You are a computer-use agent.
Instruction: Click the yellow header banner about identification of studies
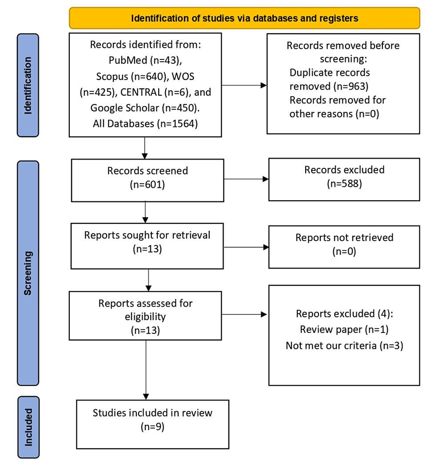[244, 18]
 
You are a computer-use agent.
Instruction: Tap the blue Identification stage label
[28, 85]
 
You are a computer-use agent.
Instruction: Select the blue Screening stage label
[28, 273]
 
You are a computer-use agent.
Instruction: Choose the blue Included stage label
[28, 427]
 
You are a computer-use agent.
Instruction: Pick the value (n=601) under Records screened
[147, 185]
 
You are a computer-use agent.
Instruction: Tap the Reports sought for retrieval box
[147, 246]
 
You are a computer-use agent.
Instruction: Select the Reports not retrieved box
[344, 246]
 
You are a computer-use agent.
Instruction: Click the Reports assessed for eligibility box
[145, 317]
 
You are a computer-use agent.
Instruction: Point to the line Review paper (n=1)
[344, 329]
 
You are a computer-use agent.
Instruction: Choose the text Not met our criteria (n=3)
[344, 345]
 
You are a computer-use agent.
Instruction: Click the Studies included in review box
[152, 424]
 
